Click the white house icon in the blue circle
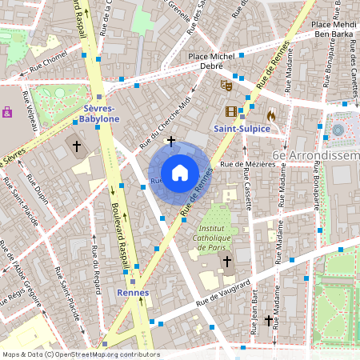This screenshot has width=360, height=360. pyautogui.click(x=180, y=172)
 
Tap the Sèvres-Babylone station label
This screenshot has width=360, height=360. pyautogui.click(x=100, y=113)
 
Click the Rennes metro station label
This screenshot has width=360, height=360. pyautogui.click(x=133, y=293)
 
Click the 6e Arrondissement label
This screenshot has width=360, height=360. pyautogui.click(x=315, y=154)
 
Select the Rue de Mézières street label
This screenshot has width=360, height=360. pyautogui.click(x=247, y=164)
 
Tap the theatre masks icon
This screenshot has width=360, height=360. pyautogui.click(x=226, y=82)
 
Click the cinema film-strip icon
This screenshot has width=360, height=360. pyautogui.click(x=231, y=112)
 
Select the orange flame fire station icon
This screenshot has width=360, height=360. pyautogui.click(x=271, y=115)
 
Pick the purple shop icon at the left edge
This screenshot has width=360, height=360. pyautogui.click(x=7, y=112)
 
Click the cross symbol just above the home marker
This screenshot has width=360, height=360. pyautogui.click(x=170, y=141)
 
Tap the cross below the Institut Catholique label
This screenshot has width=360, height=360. pyautogui.click(x=226, y=261)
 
